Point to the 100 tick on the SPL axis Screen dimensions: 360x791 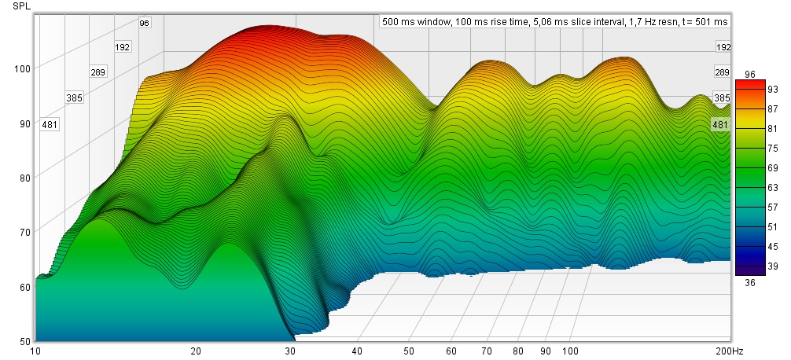coord(21,69)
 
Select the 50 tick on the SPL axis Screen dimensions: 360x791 coord(24,341)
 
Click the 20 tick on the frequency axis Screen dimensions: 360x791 coord(196,351)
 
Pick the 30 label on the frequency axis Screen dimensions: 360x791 coord(291,351)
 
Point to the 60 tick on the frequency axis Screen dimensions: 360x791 coord(452,351)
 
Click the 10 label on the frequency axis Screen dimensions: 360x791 coord(35,351)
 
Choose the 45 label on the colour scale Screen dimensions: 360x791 coord(750,246)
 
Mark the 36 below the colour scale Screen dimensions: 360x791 coord(749,283)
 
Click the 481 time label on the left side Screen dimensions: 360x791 coord(50,124)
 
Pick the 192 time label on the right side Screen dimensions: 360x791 coord(723,47)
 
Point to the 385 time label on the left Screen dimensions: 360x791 coord(74,98)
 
